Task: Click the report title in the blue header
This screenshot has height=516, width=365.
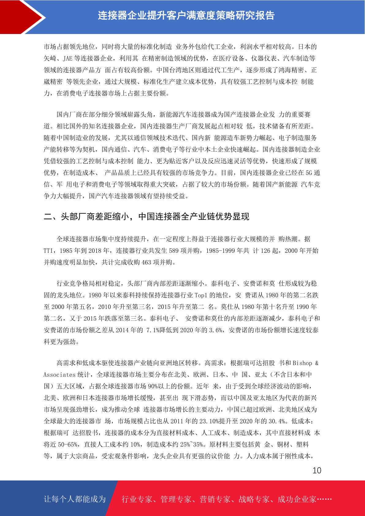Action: click(186, 15)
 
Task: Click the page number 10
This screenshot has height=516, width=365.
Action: click(317, 470)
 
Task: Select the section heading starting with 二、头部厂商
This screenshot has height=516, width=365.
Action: click(146, 217)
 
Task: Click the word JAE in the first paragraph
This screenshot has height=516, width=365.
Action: click(67, 59)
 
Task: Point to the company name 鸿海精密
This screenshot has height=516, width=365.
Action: click(291, 70)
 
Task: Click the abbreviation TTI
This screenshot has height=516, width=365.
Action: click(48, 251)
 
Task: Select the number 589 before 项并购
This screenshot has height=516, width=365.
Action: click(173, 251)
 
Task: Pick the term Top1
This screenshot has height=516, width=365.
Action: click(201, 295)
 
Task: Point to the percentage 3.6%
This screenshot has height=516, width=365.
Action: click(215, 330)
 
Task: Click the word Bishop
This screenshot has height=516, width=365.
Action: click(302, 363)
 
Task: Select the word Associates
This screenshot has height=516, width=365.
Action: click(59, 375)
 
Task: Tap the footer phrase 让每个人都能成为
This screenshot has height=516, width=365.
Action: click(75, 499)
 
